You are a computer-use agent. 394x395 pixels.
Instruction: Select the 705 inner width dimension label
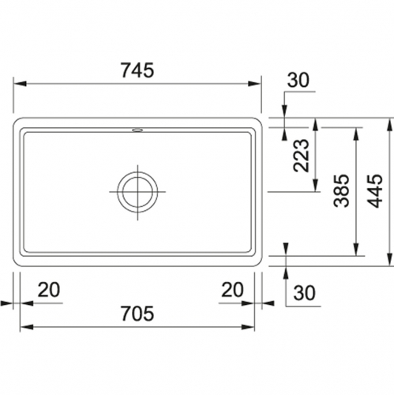click(138, 314)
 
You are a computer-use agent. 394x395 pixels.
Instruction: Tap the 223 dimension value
click(301, 157)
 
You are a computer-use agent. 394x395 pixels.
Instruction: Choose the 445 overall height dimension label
click(377, 190)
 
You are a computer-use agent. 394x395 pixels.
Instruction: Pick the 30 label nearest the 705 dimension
click(304, 293)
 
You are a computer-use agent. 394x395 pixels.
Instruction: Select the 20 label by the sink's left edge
click(49, 289)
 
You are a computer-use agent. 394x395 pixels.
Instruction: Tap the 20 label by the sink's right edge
click(232, 289)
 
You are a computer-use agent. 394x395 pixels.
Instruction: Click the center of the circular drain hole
click(137, 190)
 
